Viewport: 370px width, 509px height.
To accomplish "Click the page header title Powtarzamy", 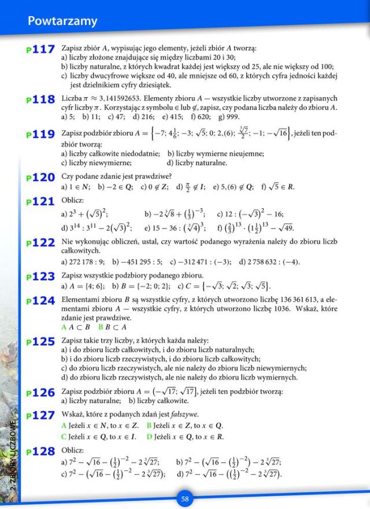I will coord(62,21).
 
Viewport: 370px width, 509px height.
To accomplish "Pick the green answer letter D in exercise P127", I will coord(149,437).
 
